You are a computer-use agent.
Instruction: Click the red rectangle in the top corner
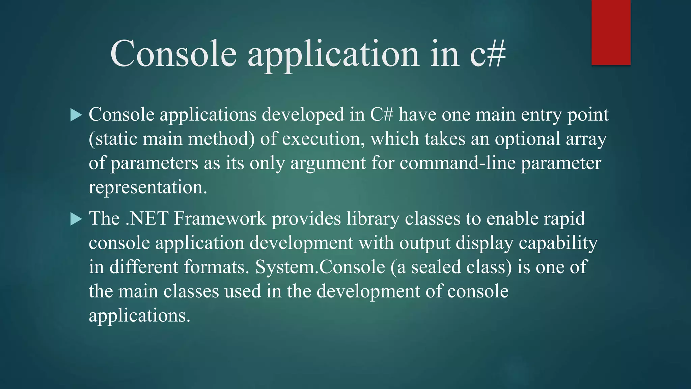click(x=611, y=32)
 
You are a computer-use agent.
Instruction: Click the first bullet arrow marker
click(x=76, y=115)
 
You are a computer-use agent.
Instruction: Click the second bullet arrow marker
click(x=76, y=219)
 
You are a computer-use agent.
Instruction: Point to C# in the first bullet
click(x=382, y=114)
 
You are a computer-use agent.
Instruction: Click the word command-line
click(x=458, y=163)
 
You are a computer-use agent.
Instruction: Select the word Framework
click(x=220, y=219)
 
